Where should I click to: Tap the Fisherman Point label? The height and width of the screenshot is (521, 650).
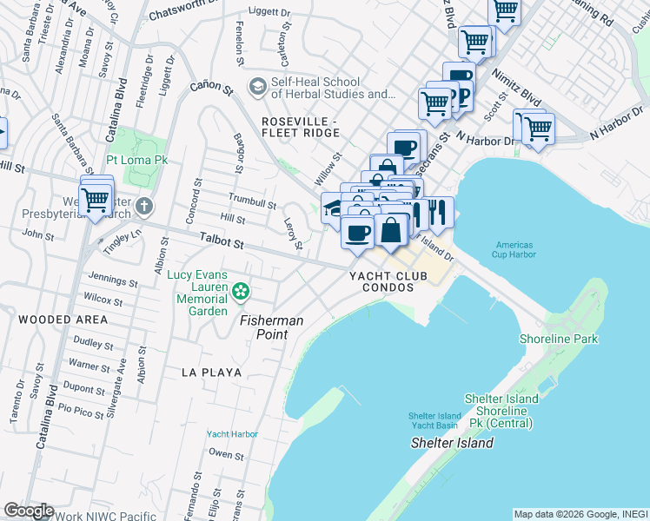[272, 327]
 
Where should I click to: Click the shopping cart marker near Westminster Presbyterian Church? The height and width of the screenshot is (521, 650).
[96, 200]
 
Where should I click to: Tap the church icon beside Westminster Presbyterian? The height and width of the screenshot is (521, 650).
[144, 206]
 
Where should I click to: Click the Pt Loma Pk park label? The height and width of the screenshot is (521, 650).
[137, 161]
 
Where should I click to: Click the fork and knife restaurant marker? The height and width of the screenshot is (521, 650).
[438, 212]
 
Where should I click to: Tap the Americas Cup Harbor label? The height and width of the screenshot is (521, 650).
[515, 249]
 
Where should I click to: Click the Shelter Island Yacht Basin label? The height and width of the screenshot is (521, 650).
[434, 421]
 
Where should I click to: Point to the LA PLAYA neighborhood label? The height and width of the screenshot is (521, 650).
[211, 372]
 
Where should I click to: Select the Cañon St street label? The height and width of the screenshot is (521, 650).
[213, 89]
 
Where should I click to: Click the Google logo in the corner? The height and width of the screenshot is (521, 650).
[29, 511]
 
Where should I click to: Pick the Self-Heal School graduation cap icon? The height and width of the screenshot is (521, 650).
[258, 87]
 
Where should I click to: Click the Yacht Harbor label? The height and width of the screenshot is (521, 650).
[232, 434]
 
